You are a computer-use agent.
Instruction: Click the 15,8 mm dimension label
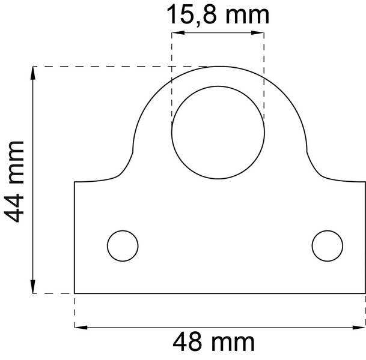[x=218, y=14]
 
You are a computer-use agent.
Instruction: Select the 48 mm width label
[x=214, y=343]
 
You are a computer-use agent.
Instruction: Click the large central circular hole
[x=218, y=131]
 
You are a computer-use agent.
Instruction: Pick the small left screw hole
[x=123, y=245]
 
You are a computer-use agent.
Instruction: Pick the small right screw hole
[x=328, y=245]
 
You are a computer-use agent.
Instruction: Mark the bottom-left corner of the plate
[x=75, y=293]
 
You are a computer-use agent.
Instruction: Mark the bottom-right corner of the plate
[x=364, y=293]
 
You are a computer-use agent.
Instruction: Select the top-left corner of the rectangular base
[x=75, y=181]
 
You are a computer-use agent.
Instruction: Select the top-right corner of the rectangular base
[x=364, y=181]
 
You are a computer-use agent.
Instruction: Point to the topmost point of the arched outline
[x=220, y=65]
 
